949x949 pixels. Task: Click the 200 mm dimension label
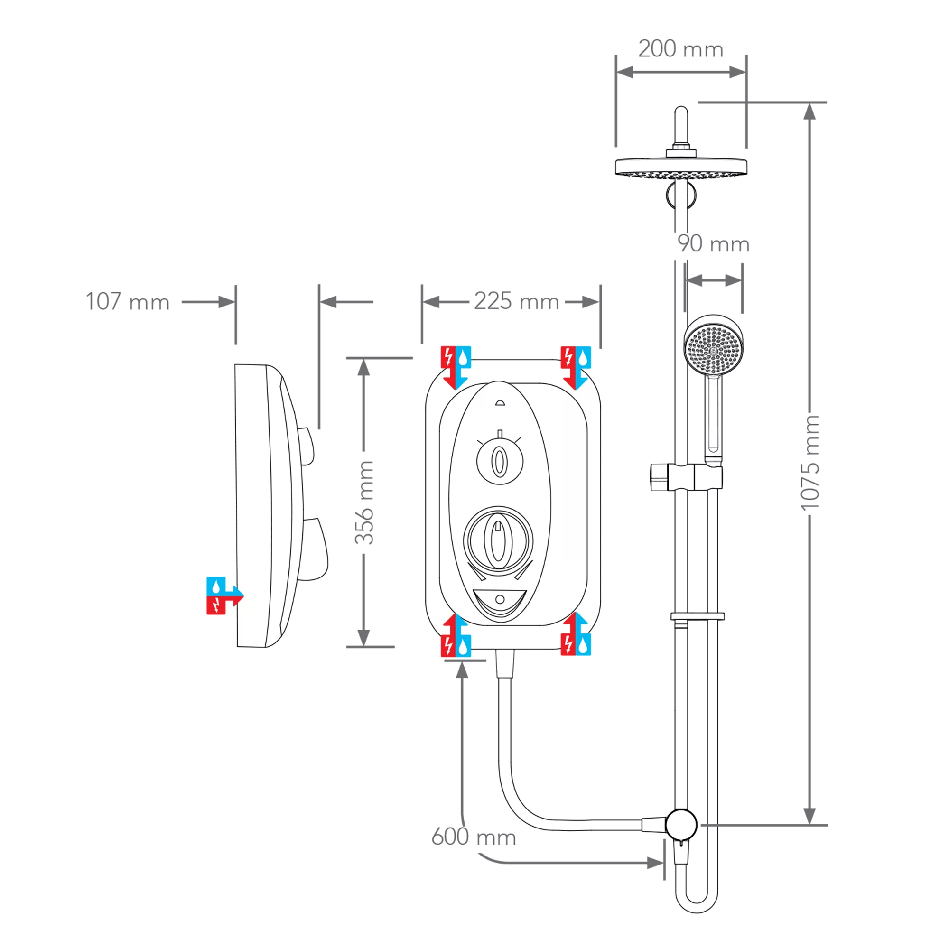[680, 49]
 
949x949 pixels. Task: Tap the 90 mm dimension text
[713, 244]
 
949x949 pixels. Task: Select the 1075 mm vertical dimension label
[810, 462]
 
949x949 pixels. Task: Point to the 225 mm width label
[516, 301]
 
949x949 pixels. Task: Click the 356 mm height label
[364, 502]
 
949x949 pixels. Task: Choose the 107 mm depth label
[128, 302]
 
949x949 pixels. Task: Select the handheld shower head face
[713, 344]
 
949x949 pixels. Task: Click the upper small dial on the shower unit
[500, 461]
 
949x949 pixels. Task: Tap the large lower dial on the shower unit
[498, 540]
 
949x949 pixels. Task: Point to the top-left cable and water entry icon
[456, 366]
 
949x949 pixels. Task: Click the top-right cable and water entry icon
[576, 366]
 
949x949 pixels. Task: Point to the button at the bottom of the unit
[500, 599]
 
